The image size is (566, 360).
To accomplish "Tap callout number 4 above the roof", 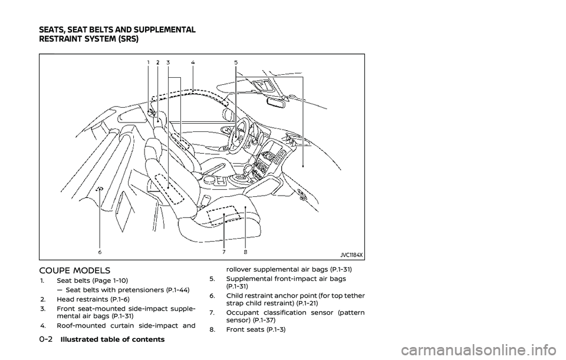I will pos(193,62).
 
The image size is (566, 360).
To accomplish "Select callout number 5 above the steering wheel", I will pos(236,62).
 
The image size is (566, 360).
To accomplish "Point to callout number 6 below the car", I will pos(100,252).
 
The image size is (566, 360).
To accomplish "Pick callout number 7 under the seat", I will pos(224,252).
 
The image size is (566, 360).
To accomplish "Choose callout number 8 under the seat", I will pos(245,252).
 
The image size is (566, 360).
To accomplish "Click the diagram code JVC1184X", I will pos(351,255).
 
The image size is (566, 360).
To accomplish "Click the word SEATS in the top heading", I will pos(55,30).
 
